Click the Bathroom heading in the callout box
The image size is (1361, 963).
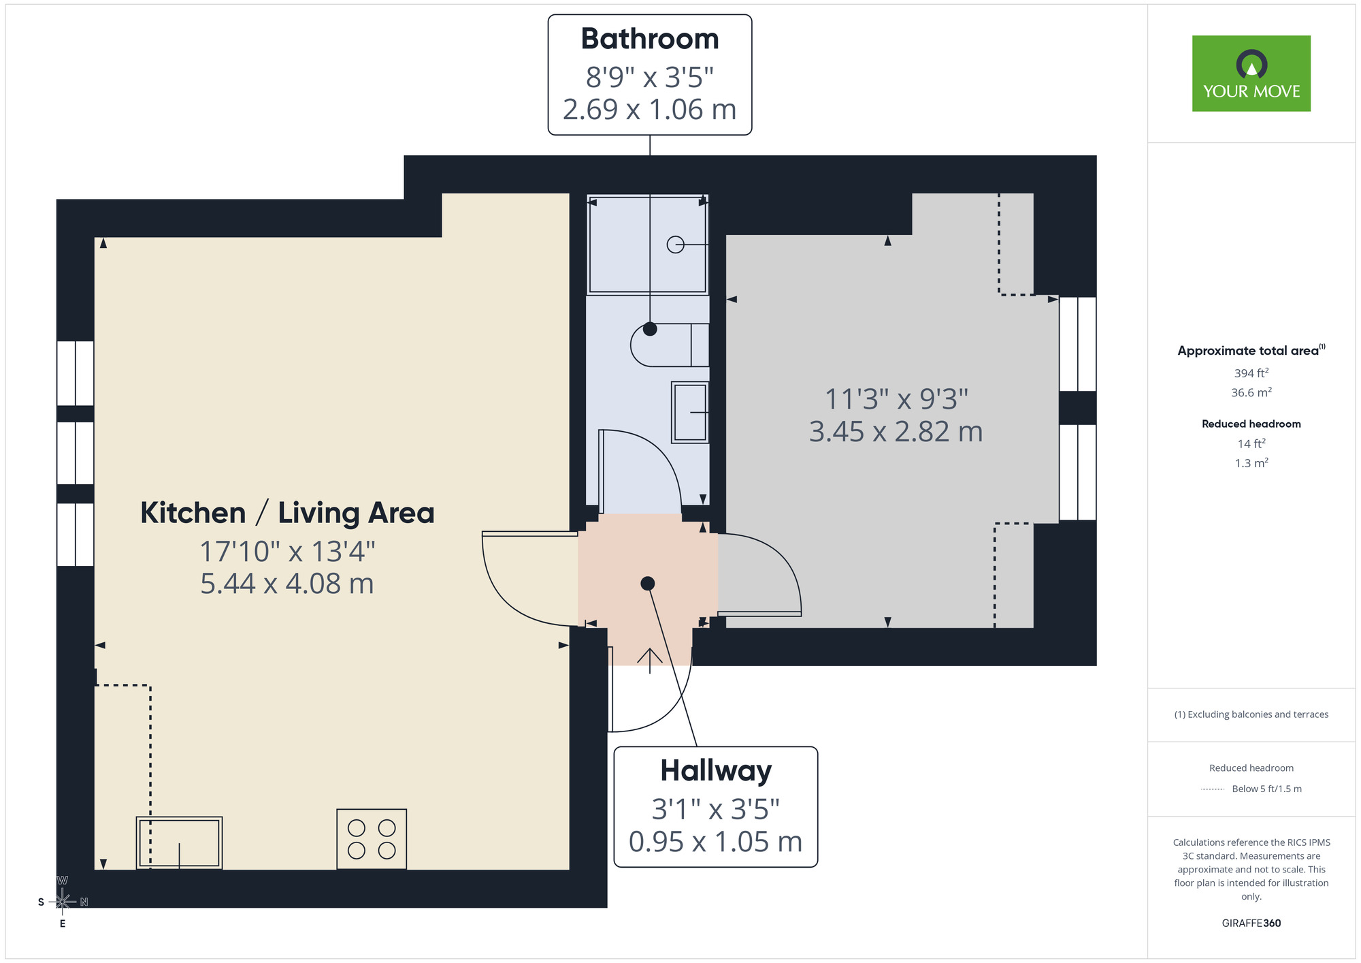coord(649,39)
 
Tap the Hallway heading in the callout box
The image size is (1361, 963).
coord(715,771)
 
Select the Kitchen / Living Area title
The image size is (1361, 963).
coord(287,513)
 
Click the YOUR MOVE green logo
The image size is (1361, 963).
coord(1251,74)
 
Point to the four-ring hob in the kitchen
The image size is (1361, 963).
coord(372,839)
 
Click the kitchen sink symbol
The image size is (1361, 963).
coord(179,843)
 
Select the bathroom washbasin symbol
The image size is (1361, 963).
coord(690,412)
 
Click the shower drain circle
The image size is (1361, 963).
coord(675,244)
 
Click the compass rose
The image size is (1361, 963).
coord(63,902)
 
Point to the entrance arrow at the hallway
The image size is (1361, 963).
coord(650,660)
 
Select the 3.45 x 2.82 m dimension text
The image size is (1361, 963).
coord(896,432)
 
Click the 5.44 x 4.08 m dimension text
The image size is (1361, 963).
coord(287,584)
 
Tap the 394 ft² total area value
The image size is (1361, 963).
coord(1251,373)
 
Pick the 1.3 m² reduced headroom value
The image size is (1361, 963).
coord(1251,463)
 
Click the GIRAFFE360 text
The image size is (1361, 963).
coord(1251,923)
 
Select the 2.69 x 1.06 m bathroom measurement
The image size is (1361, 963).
coord(649,110)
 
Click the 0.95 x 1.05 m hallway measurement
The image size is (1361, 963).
coord(715,842)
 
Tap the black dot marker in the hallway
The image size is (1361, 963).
coord(648,584)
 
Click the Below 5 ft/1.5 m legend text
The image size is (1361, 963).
coord(1266,789)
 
